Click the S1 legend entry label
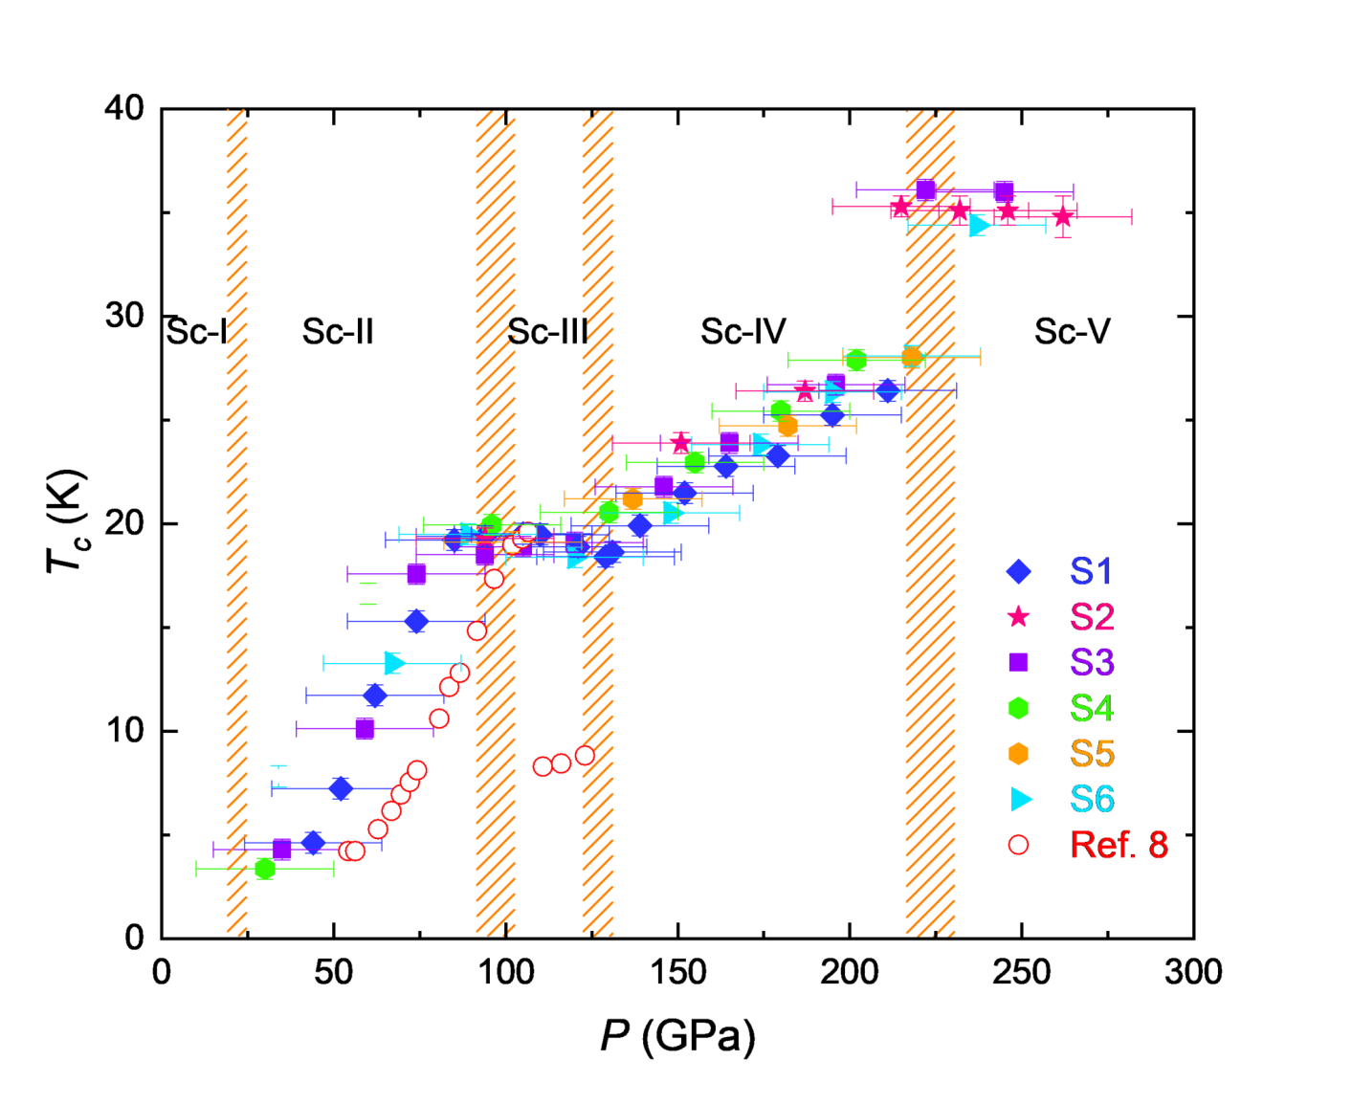pyautogui.click(x=1091, y=571)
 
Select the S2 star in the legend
pyautogui.click(x=1019, y=617)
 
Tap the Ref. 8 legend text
pyautogui.click(x=1119, y=845)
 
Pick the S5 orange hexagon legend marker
pyautogui.click(x=1019, y=754)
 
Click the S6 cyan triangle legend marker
pyautogui.click(x=1021, y=799)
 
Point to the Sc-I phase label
pyautogui.click(x=197, y=332)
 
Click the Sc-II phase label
pyautogui.click(x=338, y=332)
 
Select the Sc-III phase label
pyautogui.click(x=547, y=332)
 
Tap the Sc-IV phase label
pyautogui.click(x=742, y=332)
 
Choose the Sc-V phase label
pyautogui.click(x=1072, y=332)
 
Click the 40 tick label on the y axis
pyautogui.click(x=124, y=108)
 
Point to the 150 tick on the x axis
pyautogui.click(x=677, y=972)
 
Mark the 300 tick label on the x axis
pyautogui.click(x=1193, y=972)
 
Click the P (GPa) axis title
pyautogui.click(x=677, y=1036)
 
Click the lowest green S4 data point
pyautogui.click(x=265, y=869)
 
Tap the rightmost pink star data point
pyautogui.click(x=1062, y=217)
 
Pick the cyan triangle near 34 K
pyautogui.click(x=978, y=226)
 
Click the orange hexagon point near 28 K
pyautogui.click(x=912, y=358)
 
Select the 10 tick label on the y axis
pyautogui.click(x=124, y=731)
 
